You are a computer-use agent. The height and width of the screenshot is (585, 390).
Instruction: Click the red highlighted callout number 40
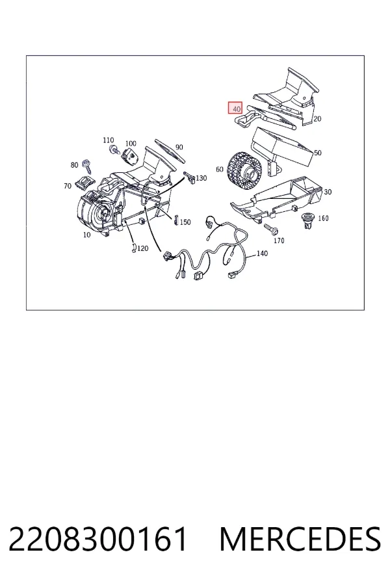(235, 108)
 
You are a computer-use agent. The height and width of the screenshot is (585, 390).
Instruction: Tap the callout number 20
(317, 119)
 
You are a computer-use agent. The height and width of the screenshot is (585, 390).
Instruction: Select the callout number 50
(318, 153)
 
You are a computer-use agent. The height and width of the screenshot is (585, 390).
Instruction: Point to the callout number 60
(220, 170)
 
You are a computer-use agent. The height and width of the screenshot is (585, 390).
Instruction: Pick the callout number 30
(328, 192)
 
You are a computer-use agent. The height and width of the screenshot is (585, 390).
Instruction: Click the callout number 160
(323, 218)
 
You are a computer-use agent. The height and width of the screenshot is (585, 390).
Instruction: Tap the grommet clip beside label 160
(307, 220)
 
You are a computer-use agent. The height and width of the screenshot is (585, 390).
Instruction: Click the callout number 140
(263, 253)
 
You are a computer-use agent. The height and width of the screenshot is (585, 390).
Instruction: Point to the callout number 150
(185, 222)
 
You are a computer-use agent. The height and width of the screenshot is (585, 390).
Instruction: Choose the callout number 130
(201, 178)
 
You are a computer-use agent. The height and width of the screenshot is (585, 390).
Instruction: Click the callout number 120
(142, 248)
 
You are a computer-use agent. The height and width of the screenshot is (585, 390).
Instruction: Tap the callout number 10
(86, 235)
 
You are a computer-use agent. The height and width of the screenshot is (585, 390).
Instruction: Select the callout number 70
(68, 185)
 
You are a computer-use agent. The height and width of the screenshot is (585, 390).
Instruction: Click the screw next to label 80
(88, 166)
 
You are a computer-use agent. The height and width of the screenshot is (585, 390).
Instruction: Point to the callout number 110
(109, 140)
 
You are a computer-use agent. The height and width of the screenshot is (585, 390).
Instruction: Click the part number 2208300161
(97, 539)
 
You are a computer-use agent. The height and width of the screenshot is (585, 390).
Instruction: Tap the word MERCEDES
(300, 539)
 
